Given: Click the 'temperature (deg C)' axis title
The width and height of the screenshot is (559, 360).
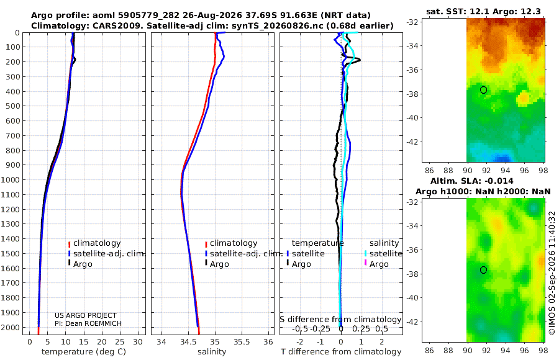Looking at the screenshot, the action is [x=84, y=352].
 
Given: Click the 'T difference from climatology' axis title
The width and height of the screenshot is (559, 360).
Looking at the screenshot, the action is [x=341, y=352].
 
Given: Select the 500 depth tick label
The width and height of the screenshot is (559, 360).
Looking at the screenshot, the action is [x=12, y=106].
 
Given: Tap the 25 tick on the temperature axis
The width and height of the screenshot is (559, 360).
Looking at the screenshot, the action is [x=120, y=341].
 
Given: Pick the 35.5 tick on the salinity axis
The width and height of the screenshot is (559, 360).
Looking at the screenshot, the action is [x=242, y=341].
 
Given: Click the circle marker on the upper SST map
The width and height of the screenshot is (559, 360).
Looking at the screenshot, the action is [x=483, y=90].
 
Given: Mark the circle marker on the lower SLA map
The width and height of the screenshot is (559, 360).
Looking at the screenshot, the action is [x=483, y=270].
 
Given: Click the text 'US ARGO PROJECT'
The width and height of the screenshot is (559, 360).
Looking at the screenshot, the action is [x=86, y=315].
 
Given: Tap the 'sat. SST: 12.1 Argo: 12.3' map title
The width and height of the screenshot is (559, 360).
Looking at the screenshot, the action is [x=483, y=11].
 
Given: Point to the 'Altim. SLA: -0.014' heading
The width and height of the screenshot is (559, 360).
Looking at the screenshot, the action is [x=471, y=181].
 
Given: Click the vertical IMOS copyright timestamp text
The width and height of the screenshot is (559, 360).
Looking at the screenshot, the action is [x=552, y=272].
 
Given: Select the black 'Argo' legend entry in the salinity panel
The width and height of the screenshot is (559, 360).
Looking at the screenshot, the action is [x=216, y=264].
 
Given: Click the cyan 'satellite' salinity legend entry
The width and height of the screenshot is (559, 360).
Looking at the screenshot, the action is [x=383, y=254].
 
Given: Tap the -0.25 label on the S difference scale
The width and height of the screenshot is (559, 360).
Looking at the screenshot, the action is [x=320, y=328].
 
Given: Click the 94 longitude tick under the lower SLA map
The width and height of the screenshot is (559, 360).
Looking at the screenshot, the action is [x=506, y=350].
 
